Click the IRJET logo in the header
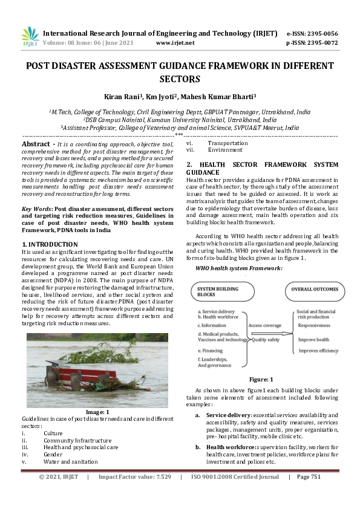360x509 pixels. pos(30,37)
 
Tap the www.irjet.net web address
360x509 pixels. pos(175,43)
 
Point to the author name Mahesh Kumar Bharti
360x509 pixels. pos(220,96)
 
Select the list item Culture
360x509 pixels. pos(53,433)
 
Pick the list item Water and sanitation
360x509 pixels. pos(70,462)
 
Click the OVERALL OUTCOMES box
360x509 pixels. pos(315,290)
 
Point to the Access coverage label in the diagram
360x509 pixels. pos(264,325)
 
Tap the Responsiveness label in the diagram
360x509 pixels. pos(314,325)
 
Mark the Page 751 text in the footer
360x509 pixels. pos(308,494)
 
